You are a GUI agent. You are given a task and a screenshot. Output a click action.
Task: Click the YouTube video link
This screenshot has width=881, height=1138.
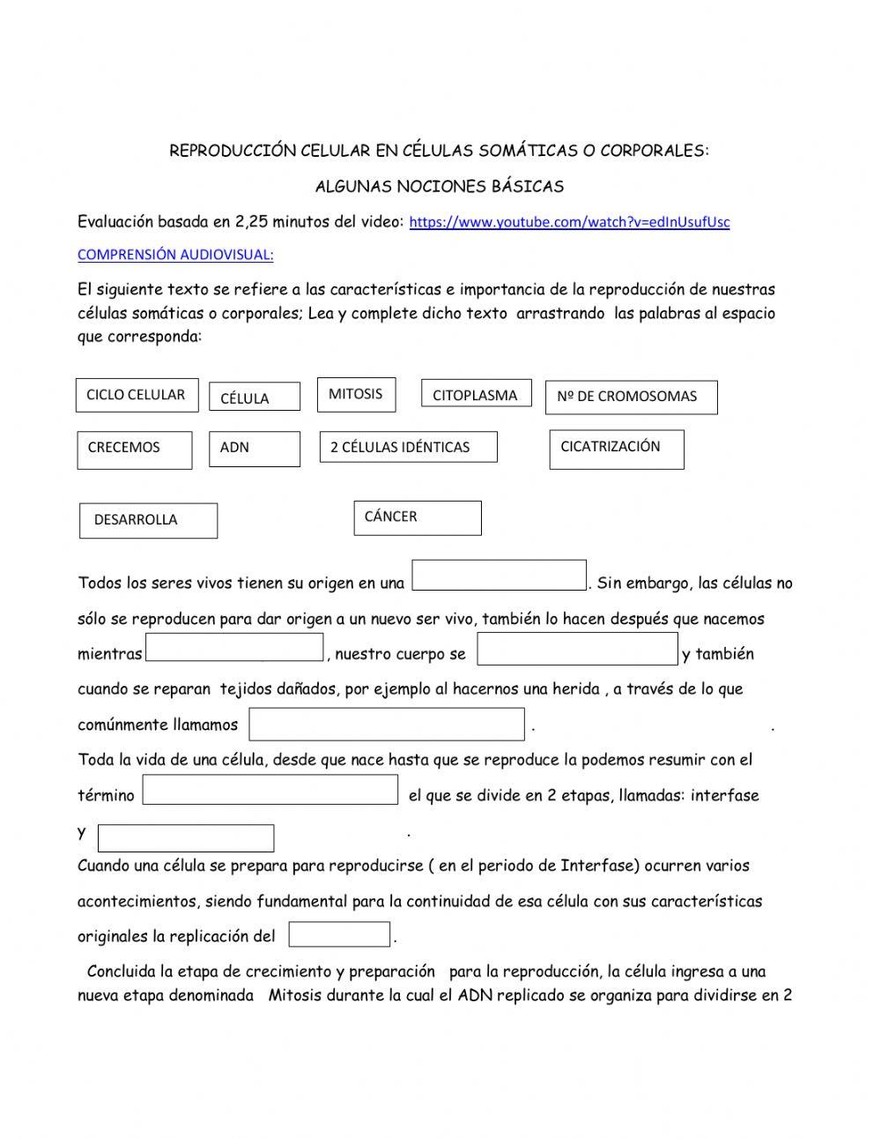(x=569, y=222)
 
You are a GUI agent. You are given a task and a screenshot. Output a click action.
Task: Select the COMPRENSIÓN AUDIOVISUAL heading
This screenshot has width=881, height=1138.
(x=175, y=255)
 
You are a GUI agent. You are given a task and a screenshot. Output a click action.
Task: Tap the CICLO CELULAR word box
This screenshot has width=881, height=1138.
(x=137, y=395)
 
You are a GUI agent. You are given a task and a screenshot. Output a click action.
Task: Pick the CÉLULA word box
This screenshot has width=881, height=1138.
(x=254, y=398)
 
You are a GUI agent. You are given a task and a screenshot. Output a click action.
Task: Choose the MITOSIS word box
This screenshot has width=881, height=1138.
(x=356, y=394)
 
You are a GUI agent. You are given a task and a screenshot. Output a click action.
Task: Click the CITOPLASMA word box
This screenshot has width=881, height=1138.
(x=476, y=395)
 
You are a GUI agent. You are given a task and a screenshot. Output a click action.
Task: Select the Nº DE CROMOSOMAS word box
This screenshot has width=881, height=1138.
(x=631, y=397)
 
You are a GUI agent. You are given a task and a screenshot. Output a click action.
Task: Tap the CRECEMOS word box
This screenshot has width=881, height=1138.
(x=134, y=449)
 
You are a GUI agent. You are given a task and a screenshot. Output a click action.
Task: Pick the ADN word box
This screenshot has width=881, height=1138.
(x=254, y=448)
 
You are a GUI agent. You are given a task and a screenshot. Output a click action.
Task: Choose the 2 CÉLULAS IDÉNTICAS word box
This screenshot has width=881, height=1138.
(x=408, y=447)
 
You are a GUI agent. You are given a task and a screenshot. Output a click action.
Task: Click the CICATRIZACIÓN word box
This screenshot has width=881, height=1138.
(x=616, y=448)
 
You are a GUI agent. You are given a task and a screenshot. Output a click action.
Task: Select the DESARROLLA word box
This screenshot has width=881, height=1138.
(x=148, y=520)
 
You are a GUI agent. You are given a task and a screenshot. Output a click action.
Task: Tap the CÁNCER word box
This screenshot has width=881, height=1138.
(x=418, y=517)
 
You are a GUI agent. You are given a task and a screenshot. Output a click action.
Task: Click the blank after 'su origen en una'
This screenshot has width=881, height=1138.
(x=499, y=576)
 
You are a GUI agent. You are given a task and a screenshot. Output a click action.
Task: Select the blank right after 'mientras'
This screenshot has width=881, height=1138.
(x=234, y=647)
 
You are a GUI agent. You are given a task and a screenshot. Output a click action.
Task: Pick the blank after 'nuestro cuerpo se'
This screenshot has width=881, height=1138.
(x=577, y=649)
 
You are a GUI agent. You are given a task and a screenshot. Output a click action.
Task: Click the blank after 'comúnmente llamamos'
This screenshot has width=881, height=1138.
(x=386, y=724)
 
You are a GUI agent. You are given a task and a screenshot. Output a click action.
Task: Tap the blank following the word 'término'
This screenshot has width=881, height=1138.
(x=270, y=790)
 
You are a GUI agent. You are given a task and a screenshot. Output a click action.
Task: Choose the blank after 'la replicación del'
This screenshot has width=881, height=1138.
(x=339, y=934)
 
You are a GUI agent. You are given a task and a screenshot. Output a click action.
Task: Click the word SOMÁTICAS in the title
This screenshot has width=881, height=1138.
(x=527, y=151)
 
